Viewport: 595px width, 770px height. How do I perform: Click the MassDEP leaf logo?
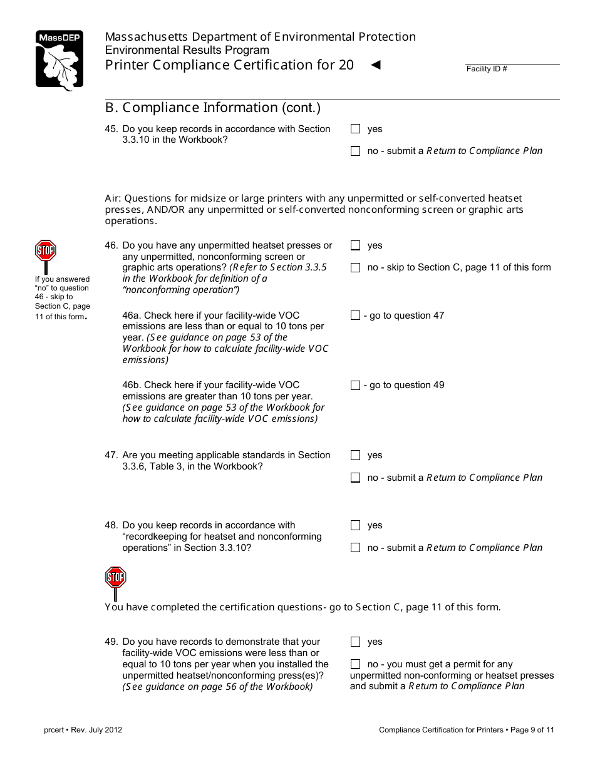tap(59, 60)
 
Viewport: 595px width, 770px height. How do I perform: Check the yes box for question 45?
tap(356, 129)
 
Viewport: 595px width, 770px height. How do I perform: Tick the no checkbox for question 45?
tap(356, 151)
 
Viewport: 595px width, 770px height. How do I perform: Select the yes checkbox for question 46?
tap(356, 245)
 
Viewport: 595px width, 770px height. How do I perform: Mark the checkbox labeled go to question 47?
tap(356, 316)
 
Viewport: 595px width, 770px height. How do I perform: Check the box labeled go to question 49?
tap(356, 385)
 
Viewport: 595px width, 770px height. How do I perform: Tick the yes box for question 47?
tap(356, 455)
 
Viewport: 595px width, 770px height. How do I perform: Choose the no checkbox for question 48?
tap(356, 548)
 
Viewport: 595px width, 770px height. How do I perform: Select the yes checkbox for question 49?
tap(356, 642)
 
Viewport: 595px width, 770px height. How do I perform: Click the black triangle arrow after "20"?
tap(376, 64)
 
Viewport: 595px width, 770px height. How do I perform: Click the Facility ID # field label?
tap(487, 69)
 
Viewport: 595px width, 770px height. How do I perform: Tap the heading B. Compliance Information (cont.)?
tap(213, 108)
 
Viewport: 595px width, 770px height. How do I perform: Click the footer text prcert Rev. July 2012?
tap(79, 729)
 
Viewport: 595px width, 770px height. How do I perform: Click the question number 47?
tap(111, 455)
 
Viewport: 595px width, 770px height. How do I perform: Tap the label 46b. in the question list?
tap(132, 385)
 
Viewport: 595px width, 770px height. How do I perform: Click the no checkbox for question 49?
tap(356, 664)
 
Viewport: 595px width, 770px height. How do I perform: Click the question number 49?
tap(111, 642)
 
